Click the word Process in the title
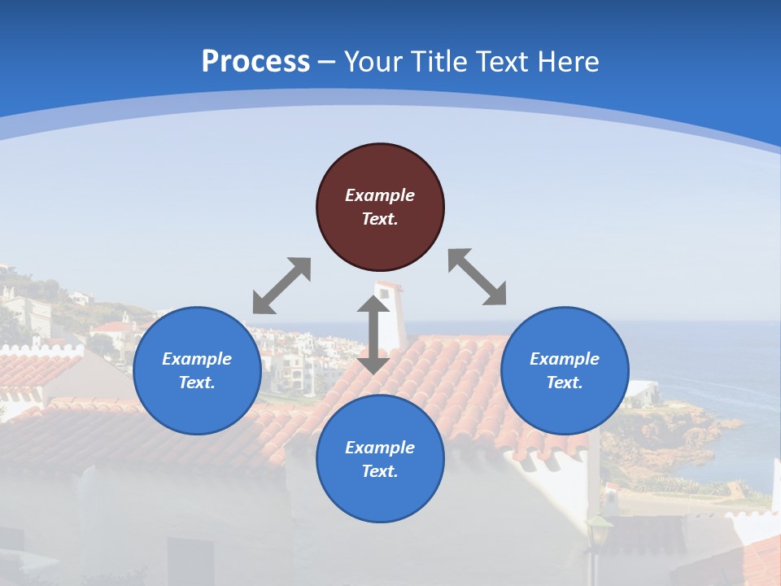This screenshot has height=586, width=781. (255, 61)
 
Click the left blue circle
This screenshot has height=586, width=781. (197, 370)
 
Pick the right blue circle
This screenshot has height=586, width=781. (565, 370)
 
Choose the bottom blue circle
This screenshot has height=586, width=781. (380, 459)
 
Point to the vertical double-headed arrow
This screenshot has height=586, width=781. (373, 335)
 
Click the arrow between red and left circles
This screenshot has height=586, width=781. (281, 286)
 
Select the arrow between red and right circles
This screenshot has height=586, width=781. (478, 277)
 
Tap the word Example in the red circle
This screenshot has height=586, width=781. (380, 195)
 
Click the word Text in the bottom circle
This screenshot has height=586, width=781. (380, 471)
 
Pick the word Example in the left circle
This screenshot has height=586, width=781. (197, 359)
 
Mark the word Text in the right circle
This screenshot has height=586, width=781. (565, 383)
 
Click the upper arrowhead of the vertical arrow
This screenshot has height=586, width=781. (373, 304)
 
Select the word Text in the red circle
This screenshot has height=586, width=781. (380, 219)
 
